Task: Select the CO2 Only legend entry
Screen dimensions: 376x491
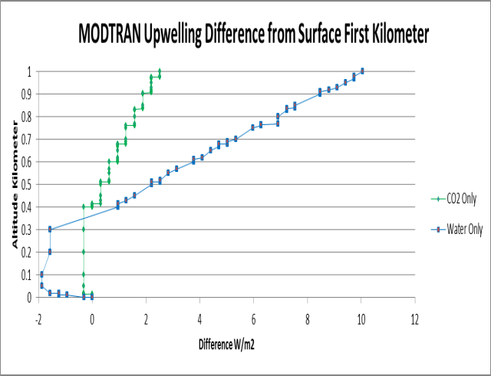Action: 456,198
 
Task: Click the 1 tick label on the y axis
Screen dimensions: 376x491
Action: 29,72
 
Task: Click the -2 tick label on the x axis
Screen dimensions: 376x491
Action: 38,318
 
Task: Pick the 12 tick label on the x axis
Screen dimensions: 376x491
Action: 415,318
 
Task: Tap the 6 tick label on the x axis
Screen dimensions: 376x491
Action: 254,318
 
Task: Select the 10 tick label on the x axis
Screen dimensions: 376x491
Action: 361,318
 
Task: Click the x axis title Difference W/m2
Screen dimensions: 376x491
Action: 226,344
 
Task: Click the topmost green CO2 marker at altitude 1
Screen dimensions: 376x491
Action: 160,71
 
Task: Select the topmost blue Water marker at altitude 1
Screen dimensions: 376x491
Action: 362,71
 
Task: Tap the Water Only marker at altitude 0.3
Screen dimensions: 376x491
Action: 50,229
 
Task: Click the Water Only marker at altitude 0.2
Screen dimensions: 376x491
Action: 50,252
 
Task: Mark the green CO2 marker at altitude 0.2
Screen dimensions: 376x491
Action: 84,252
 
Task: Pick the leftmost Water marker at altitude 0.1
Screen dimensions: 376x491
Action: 41,274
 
